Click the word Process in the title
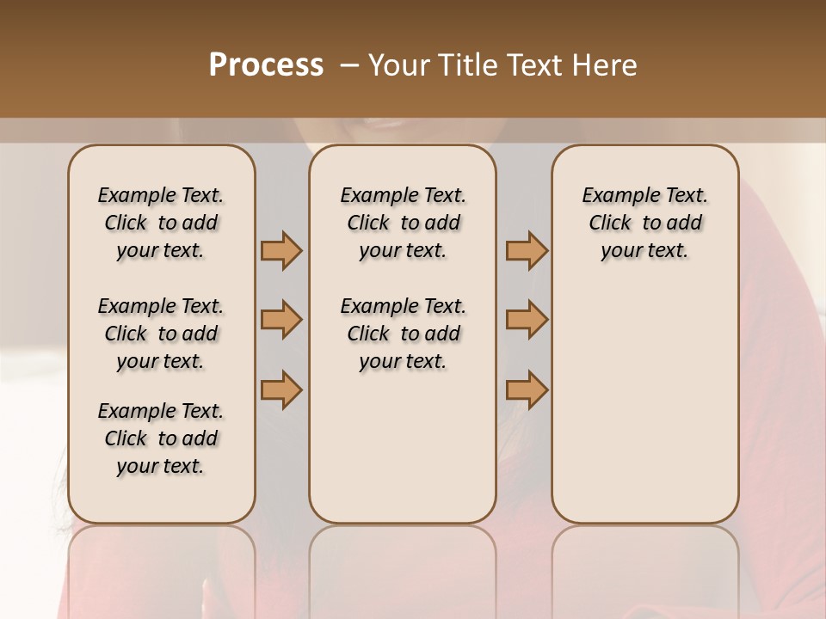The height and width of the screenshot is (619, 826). tap(266, 65)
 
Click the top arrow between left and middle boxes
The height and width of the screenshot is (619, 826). tap(281, 250)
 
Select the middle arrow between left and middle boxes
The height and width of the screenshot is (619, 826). tap(281, 320)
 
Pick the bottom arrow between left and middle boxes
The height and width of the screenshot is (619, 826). tap(281, 389)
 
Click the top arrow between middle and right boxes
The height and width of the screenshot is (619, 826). tap(527, 250)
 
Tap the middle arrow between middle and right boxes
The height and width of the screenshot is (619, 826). tap(527, 320)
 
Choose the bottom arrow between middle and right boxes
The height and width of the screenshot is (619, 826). tap(527, 389)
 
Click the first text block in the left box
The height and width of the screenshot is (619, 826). tap(161, 223)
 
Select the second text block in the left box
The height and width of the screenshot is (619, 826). tap(161, 334)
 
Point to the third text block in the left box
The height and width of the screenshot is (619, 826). tap(161, 438)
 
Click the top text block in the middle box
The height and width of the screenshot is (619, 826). tap(403, 223)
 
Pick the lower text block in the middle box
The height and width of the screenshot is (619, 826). tap(403, 334)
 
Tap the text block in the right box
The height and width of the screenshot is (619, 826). tap(644, 223)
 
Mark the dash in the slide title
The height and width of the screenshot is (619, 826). tap(349, 65)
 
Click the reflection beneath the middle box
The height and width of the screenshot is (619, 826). tap(403, 567)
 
